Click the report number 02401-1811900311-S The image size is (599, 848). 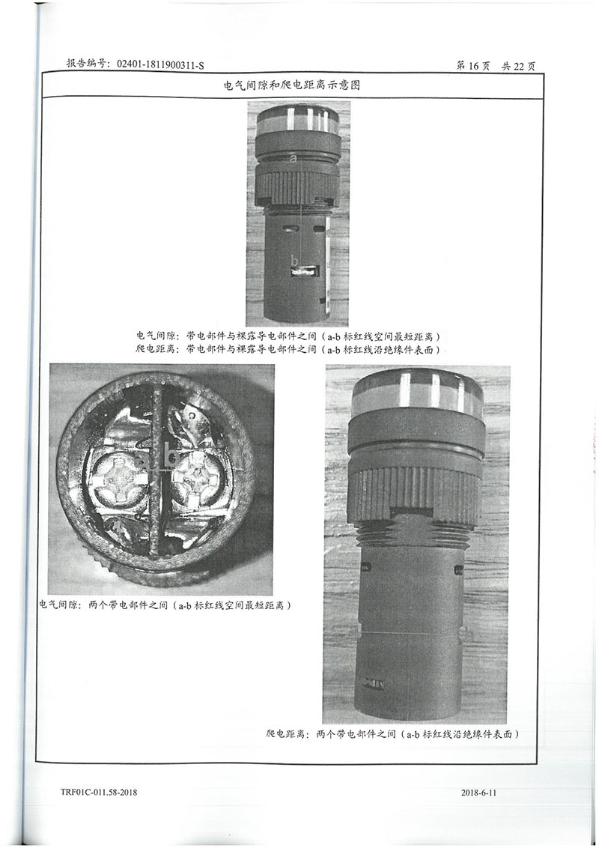[160, 65]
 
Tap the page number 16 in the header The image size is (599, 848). [473, 66]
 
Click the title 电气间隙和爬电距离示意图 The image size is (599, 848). [292, 85]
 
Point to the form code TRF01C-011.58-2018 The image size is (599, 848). [99, 793]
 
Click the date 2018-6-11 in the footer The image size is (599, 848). [478, 793]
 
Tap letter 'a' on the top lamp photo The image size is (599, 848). [294, 159]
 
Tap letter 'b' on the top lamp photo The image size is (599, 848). [295, 261]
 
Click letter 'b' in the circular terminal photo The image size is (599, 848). [172, 457]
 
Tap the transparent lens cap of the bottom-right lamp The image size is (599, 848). [416, 396]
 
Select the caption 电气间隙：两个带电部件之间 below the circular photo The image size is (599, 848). [166, 605]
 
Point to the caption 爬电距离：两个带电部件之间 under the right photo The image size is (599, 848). [393, 734]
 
